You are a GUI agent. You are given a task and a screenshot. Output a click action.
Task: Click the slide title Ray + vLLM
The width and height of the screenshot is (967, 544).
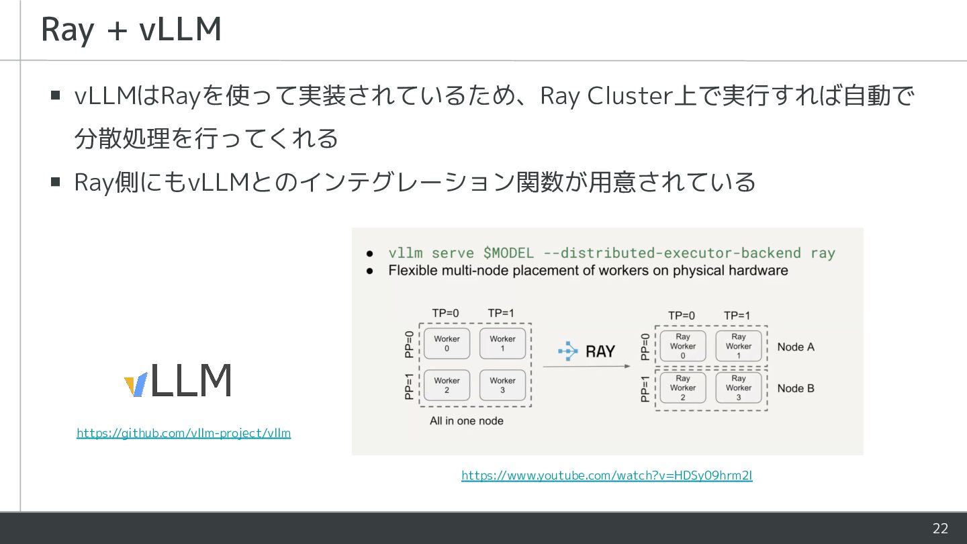point(131,30)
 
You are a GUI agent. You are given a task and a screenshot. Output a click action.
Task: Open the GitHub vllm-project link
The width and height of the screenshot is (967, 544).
point(183,433)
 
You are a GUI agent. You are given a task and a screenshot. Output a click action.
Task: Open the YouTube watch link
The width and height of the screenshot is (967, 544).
point(606,475)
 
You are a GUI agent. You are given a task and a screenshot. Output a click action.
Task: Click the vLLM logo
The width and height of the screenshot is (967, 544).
point(178,381)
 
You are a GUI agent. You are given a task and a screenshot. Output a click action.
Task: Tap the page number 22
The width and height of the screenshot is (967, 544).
point(940,529)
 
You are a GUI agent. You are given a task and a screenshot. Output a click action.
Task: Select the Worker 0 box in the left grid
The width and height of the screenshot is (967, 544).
point(447,343)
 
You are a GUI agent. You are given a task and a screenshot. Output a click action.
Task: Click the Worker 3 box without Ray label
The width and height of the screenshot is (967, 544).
point(502,385)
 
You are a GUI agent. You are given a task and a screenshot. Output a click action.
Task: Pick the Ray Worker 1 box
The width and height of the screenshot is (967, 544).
point(739,346)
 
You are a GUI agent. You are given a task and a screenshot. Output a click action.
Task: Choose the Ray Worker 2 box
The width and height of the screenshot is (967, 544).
point(683,388)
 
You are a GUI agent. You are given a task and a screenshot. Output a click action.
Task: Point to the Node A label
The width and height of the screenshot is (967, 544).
point(796,347)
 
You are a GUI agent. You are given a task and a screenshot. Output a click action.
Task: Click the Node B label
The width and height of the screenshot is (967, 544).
point(796,388)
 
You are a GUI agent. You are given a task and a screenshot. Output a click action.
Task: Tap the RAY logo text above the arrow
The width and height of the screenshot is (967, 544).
point(600,351)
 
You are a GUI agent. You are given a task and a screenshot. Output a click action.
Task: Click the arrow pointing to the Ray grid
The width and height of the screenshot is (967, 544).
point(586,367)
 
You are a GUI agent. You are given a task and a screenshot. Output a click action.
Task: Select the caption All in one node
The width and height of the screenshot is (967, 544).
point(466,421)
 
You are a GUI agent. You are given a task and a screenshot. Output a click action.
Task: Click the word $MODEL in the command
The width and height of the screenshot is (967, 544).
point(508,253)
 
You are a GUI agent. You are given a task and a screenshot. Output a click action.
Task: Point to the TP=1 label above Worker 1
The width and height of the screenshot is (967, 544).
point(501,313)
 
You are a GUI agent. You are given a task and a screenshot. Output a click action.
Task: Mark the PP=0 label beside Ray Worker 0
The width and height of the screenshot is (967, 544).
point(645,347)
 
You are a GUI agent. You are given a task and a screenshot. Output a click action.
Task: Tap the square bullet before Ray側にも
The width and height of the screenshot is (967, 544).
point(56,181)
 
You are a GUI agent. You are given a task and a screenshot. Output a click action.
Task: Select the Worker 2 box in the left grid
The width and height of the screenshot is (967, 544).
point(447,385)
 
